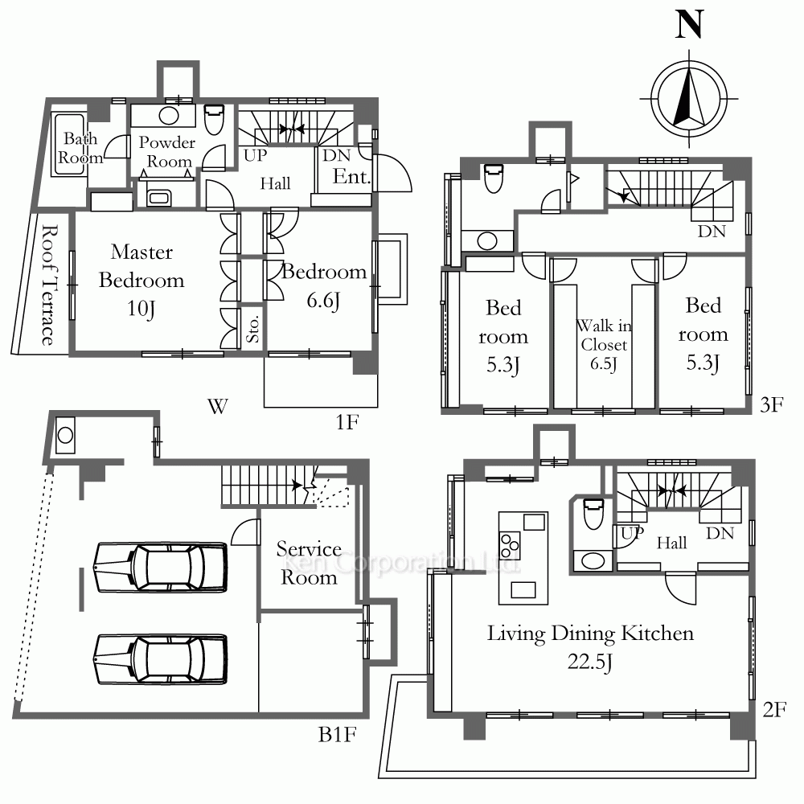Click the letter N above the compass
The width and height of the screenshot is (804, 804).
689,25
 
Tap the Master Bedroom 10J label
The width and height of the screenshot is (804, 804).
142,280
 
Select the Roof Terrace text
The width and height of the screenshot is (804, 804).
48,285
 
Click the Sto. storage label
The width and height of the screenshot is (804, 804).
252,329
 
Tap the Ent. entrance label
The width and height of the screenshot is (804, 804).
351,177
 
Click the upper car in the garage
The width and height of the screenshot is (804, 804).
161,568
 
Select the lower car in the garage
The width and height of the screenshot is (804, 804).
161,659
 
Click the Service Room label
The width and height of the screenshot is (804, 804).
309,563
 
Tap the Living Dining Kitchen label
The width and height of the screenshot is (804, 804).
590,634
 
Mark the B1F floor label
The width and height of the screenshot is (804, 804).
337,735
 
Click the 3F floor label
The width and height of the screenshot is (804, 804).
772,404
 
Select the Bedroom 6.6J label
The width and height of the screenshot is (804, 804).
323,285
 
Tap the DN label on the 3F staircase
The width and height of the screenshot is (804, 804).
712,232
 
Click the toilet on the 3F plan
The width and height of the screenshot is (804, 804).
494,178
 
